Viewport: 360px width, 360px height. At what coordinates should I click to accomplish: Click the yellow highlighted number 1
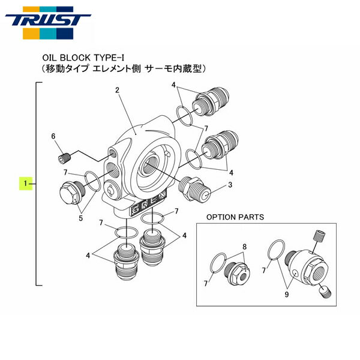25,182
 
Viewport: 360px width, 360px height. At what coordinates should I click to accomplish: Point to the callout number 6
53,137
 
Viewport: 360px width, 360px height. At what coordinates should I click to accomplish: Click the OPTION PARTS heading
235,216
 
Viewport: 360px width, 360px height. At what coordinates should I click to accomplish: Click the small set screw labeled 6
64,158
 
